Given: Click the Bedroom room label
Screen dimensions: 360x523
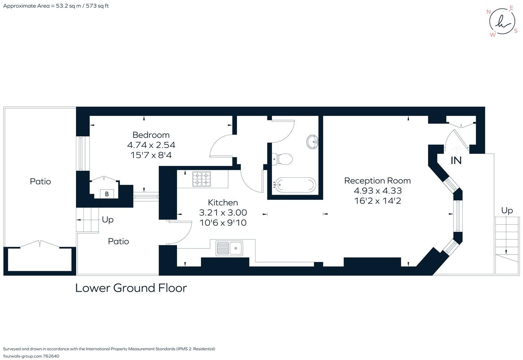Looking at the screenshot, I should [151, 135].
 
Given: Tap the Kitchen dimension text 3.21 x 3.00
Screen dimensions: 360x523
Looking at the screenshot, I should [223, 213].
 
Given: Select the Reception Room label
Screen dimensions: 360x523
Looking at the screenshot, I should [377, 180].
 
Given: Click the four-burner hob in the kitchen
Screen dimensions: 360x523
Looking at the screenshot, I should [202, 179].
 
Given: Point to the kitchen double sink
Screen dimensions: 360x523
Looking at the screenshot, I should [229, 248].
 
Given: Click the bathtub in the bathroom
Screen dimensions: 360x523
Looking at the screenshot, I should [295, 185].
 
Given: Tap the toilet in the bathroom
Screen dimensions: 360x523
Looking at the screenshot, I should [283, 159].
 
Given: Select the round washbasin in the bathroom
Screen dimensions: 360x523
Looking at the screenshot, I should [313, 141].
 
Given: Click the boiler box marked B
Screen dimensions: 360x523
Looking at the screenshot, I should [107, 194].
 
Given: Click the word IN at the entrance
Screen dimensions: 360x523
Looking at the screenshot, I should [456, 161].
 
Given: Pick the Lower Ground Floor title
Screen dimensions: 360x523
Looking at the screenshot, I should [131, 288].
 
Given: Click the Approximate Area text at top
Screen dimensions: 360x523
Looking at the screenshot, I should [56, 6].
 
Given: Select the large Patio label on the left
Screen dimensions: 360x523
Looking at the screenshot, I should [40, 181].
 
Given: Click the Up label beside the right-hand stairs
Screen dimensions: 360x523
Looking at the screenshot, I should [507, 211].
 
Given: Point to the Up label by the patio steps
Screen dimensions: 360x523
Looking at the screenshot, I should [108, 220].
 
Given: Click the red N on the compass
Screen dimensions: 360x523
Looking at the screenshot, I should [489, 12].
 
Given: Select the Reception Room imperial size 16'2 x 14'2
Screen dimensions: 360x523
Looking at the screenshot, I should [378, 201].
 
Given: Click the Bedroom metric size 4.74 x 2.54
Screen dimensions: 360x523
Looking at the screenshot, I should [151, 145].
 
